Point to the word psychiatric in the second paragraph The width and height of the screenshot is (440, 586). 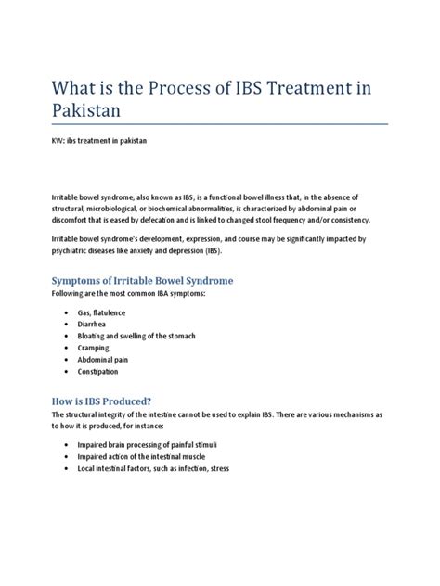[x=61, y=250]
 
